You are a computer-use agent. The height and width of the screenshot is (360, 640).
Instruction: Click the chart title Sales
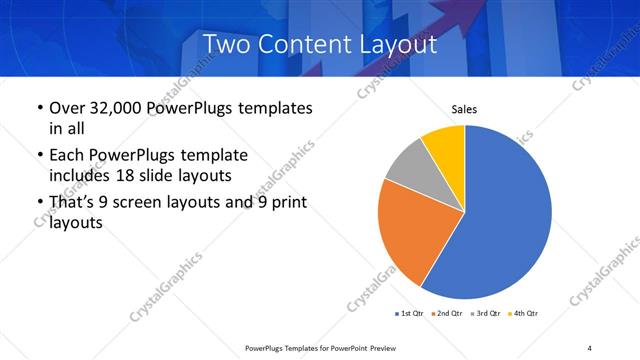464,108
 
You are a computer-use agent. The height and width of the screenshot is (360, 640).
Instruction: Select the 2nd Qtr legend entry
446,314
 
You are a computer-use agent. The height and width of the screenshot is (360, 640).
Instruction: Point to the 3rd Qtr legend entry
484,314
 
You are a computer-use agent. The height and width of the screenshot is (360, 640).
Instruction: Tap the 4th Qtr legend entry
522,314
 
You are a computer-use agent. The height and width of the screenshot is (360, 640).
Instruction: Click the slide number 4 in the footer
590,347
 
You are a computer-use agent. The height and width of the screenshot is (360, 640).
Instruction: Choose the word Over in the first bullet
66,107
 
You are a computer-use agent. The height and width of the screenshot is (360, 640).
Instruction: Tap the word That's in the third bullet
76,203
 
